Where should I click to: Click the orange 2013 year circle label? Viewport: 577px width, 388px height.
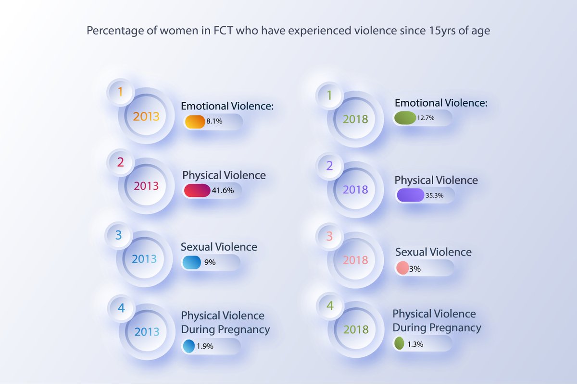146,117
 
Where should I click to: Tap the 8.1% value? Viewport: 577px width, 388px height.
214,122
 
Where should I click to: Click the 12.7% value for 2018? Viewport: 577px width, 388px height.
426,118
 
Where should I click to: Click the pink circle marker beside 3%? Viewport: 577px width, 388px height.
402,268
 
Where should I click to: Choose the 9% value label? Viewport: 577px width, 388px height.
210,263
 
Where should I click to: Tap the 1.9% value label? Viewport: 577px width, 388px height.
205,346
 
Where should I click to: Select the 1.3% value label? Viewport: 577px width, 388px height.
415,344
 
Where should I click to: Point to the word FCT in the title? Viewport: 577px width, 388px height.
223,31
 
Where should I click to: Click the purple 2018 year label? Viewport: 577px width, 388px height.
356,190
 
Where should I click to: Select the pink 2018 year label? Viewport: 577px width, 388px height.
356,260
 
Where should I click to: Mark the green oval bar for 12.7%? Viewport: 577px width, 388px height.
405,118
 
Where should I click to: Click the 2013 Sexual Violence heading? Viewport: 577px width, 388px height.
219,247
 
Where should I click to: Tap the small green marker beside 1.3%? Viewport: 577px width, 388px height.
399,344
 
